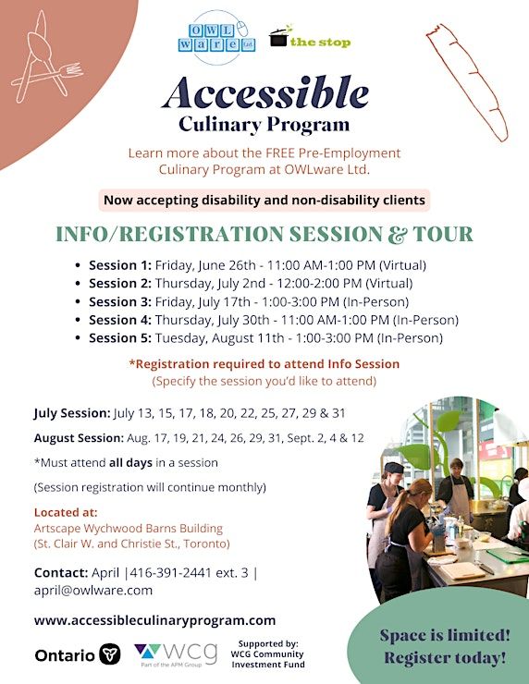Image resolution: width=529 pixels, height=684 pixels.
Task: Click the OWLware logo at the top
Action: click(x=217, y=38)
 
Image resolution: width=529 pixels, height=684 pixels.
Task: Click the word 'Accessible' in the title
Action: click(x=265, y=93)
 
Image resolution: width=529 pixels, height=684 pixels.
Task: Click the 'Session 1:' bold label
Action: click(x=120, y=265)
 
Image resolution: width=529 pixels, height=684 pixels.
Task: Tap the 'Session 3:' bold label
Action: click(x=120, y=302)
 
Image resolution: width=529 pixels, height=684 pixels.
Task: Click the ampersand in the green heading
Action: click(x=397, y=234)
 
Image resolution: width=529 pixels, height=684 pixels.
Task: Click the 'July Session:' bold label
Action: click(x=72, y=413)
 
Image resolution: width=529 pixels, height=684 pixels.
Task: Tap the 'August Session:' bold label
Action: click(x=79, y=438)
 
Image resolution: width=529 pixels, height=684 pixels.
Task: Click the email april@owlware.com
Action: click(x=93, y=591)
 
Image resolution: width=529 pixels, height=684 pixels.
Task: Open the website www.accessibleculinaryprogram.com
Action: click(x=155, y=621)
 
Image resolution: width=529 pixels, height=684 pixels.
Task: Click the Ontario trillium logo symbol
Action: click(x=109, y=654)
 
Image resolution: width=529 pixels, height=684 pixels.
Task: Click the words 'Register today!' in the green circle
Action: click(x=445, y=657)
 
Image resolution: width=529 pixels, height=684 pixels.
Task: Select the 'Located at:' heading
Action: click(x=66, y=512)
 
